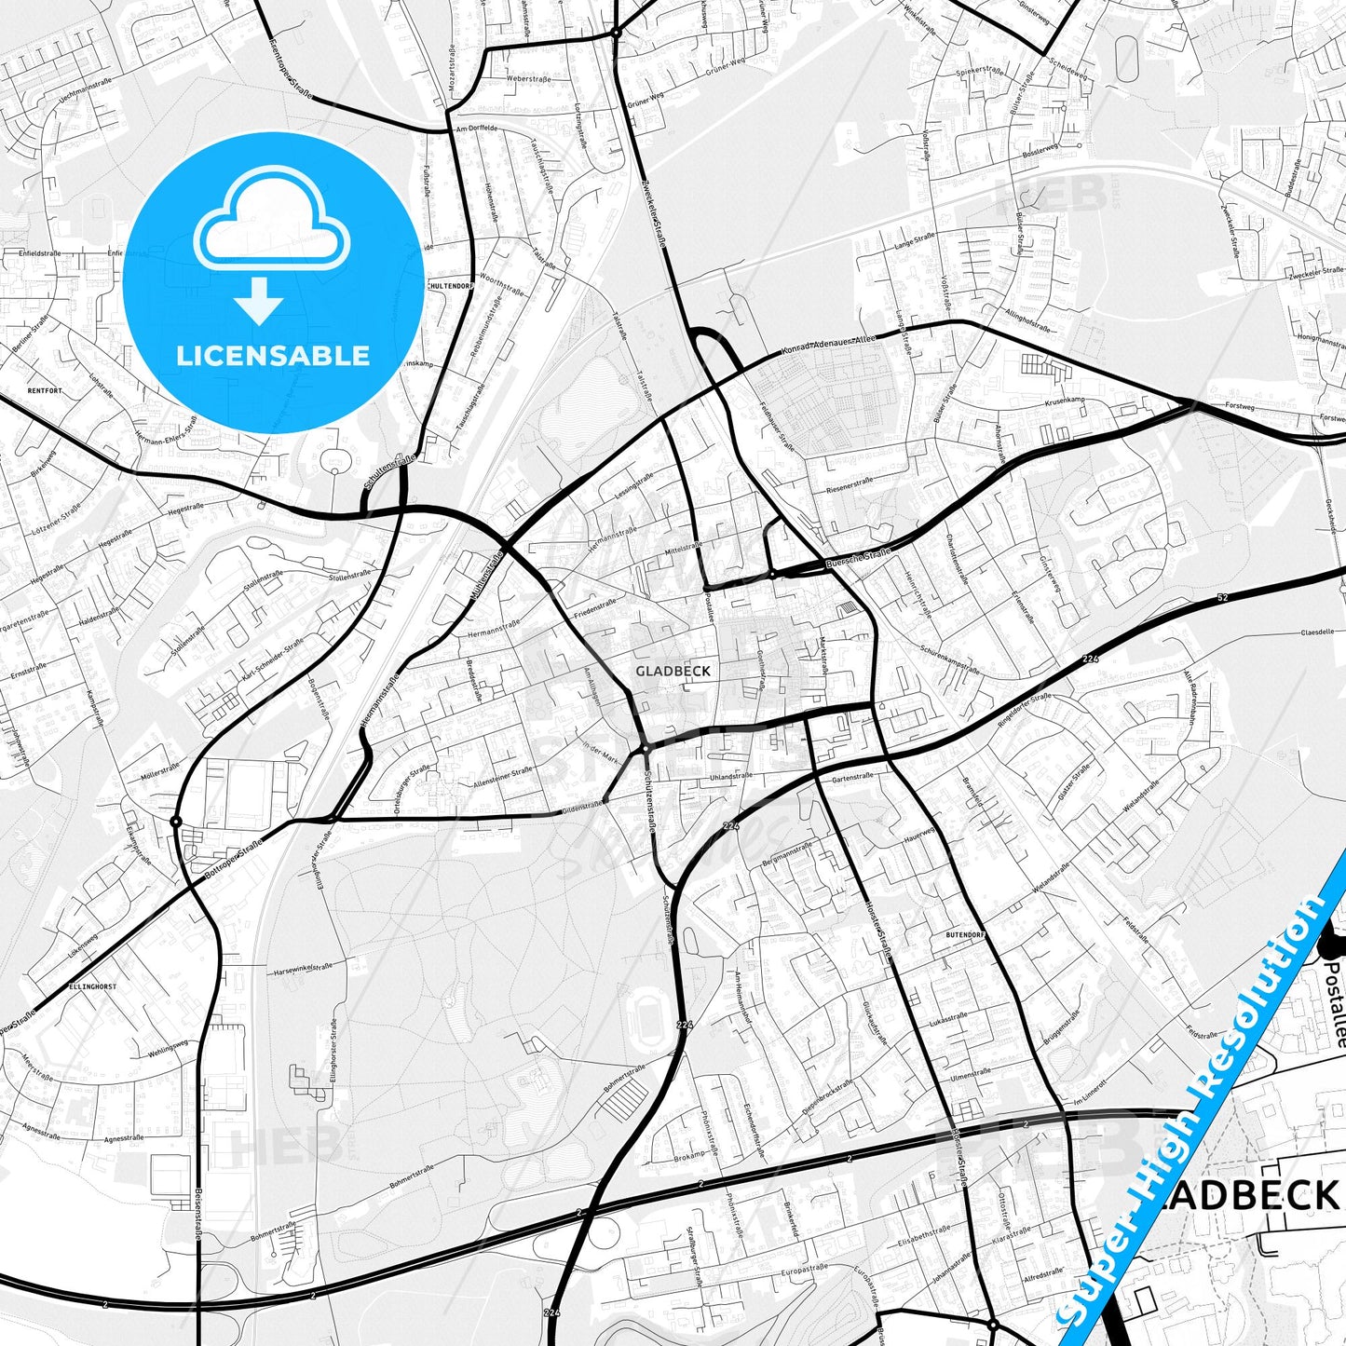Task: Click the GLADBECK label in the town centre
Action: click(x=673, y=671)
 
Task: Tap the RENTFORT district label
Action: click(x=46, y=390)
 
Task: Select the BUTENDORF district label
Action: click(x=966, y=932)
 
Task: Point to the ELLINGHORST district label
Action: click(x=92, y=986)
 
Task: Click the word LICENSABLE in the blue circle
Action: click(x=273, y=356)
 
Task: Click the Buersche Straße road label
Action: click(x=858, y=559)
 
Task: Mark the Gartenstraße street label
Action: click(x=852, y=776)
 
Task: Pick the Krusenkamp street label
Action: click(x=1066, y=401)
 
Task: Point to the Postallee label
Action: click(x=1334, y=1006)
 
